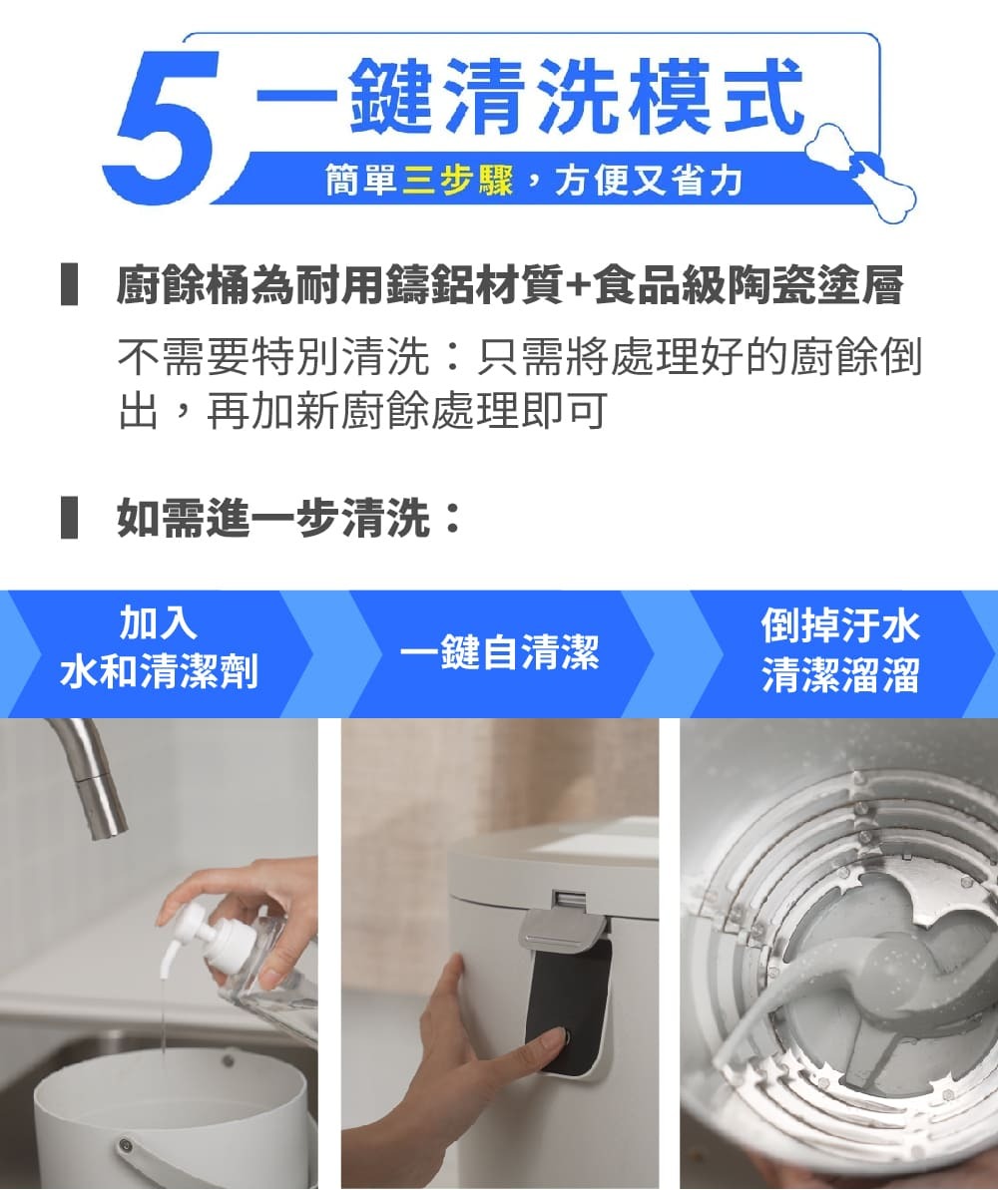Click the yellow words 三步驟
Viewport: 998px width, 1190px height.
pyautogui.click(x=457, y=181)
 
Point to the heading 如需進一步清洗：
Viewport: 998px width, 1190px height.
pyautogui.click(x=289, y=518)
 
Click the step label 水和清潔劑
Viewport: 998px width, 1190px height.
pyautogui.click(x=160, y=671)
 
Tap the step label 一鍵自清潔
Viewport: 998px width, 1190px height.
pyautogui.click(x=500, y=652)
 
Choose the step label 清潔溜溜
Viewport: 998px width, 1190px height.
pyautogui.click(x=840, y=674)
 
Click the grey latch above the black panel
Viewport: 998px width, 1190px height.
pyautogui.click(x=562, y=927)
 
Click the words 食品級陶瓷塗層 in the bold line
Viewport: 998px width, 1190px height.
pyautogui.click(x=748, y=286)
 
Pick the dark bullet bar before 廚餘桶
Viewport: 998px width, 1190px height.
pyautogui.click(x=69, y=284)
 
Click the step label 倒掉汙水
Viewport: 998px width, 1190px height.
pyautogui.click(x=840, y=626)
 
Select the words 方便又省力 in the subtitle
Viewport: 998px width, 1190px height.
pyautogui.click(x=648, y=181)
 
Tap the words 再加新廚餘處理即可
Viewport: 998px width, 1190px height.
pyautogui.click(x=407, y=411)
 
